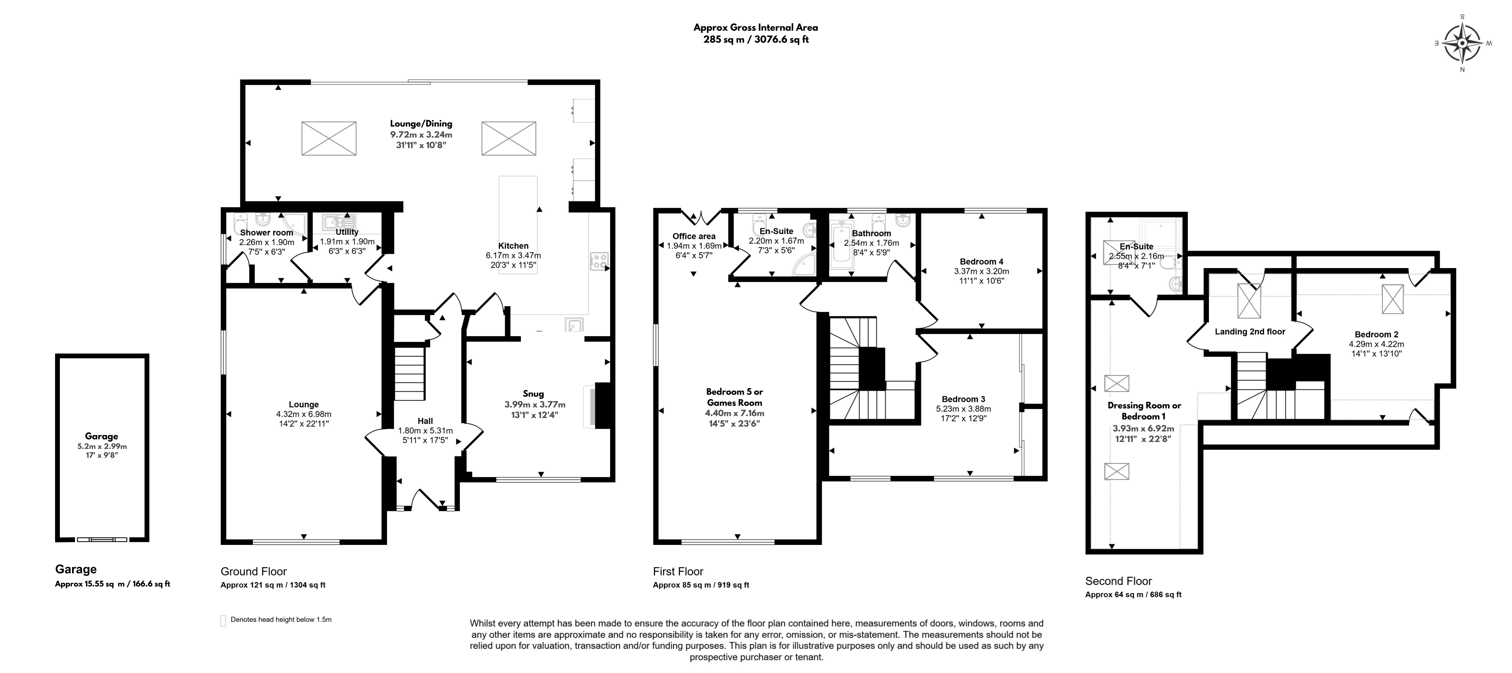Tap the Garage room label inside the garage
(x=102, y=436)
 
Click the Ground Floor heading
(x=254, y=571)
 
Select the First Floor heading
(x=678, y=571)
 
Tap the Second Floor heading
(x=1119, y=581)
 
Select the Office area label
(x=694, y=236)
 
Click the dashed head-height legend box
(x=223, y=621)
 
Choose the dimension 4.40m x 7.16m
(x=735, y=413)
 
